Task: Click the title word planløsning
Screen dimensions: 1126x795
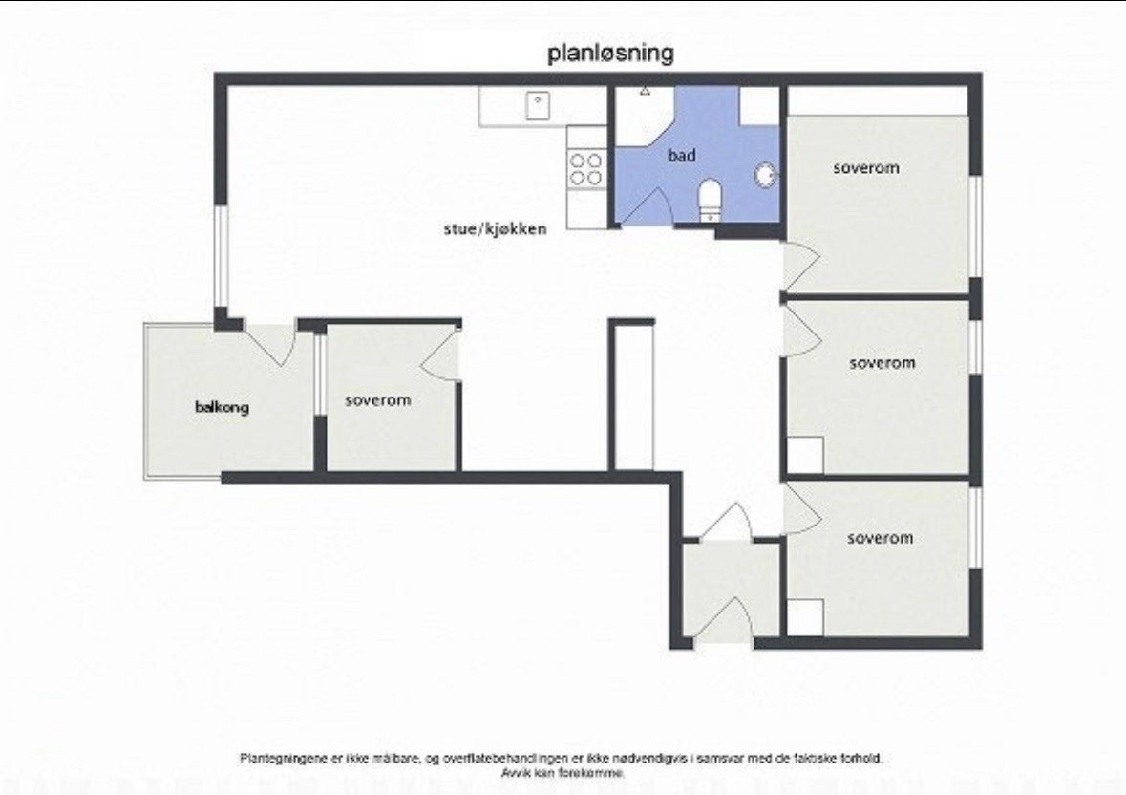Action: [x=611, y=54]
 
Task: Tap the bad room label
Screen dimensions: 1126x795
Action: [x=682, y=155]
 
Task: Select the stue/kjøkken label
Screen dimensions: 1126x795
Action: [x=496, y=229]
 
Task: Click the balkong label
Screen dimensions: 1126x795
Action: [x=222, y=407]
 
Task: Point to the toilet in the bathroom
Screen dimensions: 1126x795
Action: [x=710, y=199]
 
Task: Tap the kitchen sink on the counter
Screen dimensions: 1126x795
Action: [x=538, y=105]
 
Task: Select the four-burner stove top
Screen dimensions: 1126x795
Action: [x=586, y=169]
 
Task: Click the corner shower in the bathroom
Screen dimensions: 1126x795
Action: [x=645, y=115]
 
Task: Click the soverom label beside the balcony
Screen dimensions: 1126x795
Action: [x=378, y=400]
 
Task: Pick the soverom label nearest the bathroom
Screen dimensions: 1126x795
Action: [x=866, y=168]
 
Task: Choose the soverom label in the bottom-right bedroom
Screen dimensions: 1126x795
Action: [x=881, y=538]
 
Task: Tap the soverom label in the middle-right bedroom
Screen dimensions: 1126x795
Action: [x=882, y=363]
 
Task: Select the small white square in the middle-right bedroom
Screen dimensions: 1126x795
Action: [x=805, y=456]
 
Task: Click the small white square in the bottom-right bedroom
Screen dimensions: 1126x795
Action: [x=805, y=617]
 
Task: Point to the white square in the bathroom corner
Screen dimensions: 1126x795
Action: [x=760, y=105]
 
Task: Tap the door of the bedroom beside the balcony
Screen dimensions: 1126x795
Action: [x=439, y=352]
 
